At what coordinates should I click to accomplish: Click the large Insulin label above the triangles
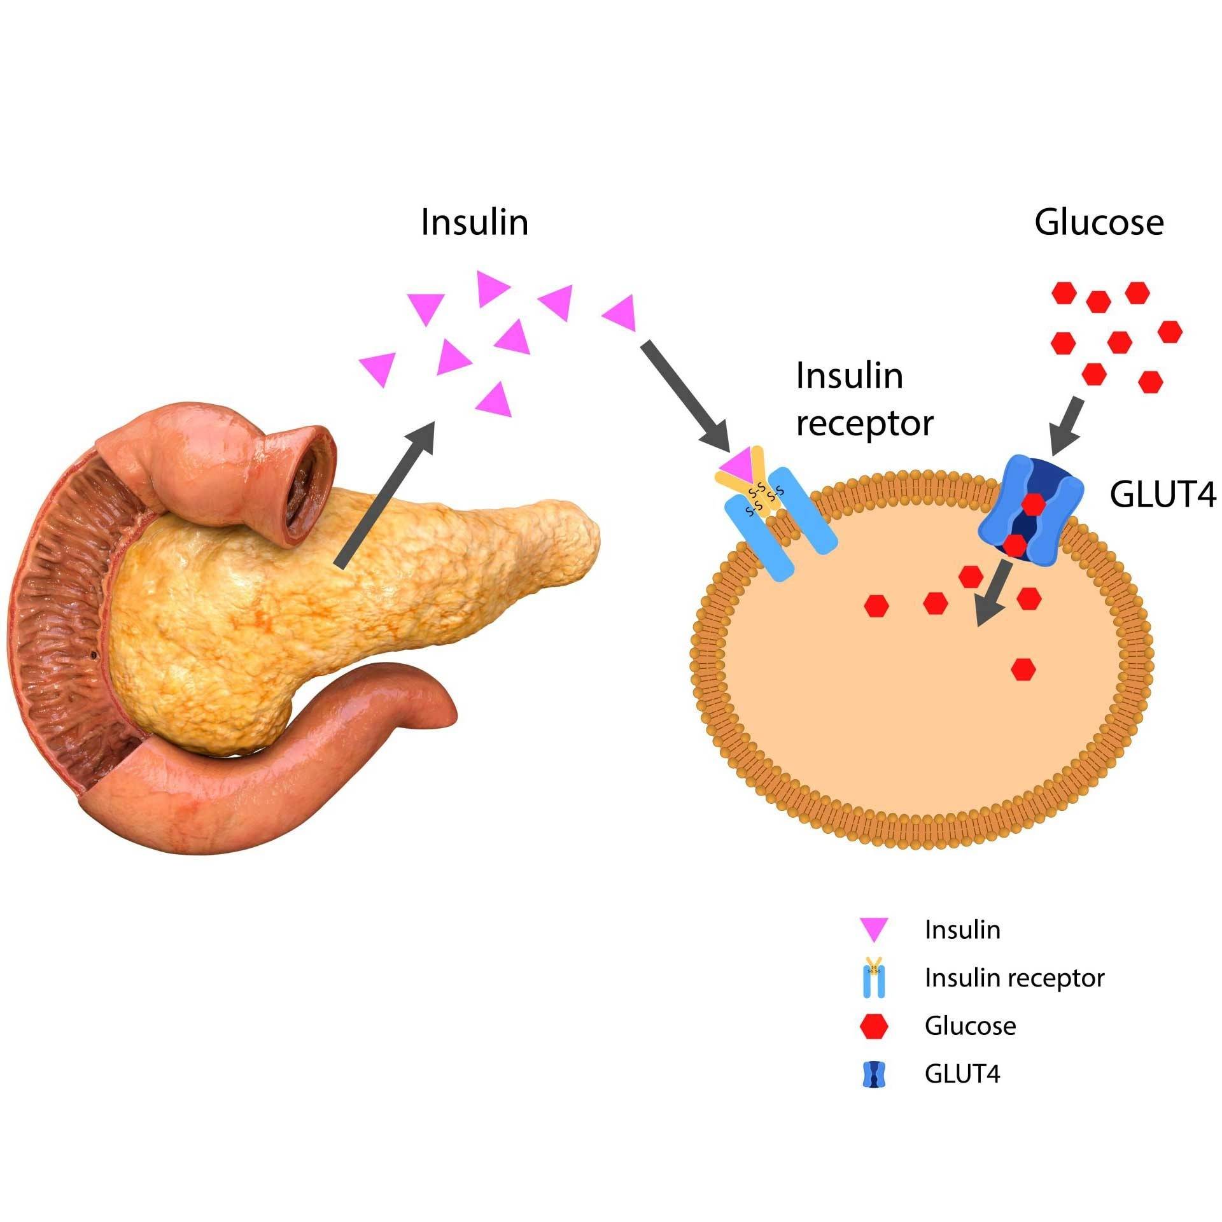474,223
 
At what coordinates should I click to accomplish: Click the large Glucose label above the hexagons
1099,223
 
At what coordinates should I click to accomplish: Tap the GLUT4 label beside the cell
1163,495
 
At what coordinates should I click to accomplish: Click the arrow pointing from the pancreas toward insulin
386,493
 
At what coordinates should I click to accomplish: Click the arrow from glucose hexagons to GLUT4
1067,425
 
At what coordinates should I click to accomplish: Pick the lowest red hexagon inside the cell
1023,669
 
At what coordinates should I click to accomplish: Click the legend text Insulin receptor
1015,978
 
